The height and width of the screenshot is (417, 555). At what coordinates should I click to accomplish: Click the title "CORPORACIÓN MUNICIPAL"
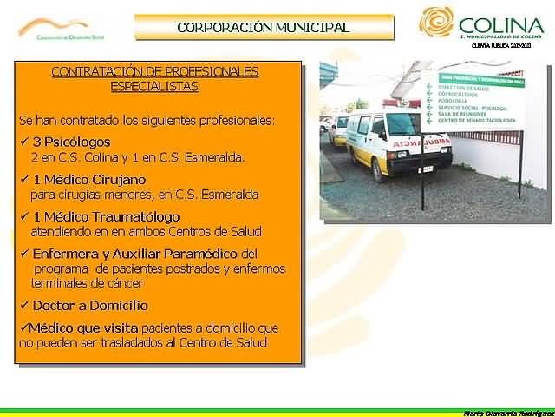[x=263, y=27]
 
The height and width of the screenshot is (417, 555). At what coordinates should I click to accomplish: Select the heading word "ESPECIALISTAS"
[x=154, y=87]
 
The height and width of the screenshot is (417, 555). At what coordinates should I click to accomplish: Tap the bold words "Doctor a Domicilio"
[x=90, y=306]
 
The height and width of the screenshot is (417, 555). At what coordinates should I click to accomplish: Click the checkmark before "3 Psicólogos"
[x=23, y=142]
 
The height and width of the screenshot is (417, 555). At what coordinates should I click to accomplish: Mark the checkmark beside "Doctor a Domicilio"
[x=23, y=306]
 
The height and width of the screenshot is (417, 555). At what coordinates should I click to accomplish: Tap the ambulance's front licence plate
[x=406, y=169]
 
